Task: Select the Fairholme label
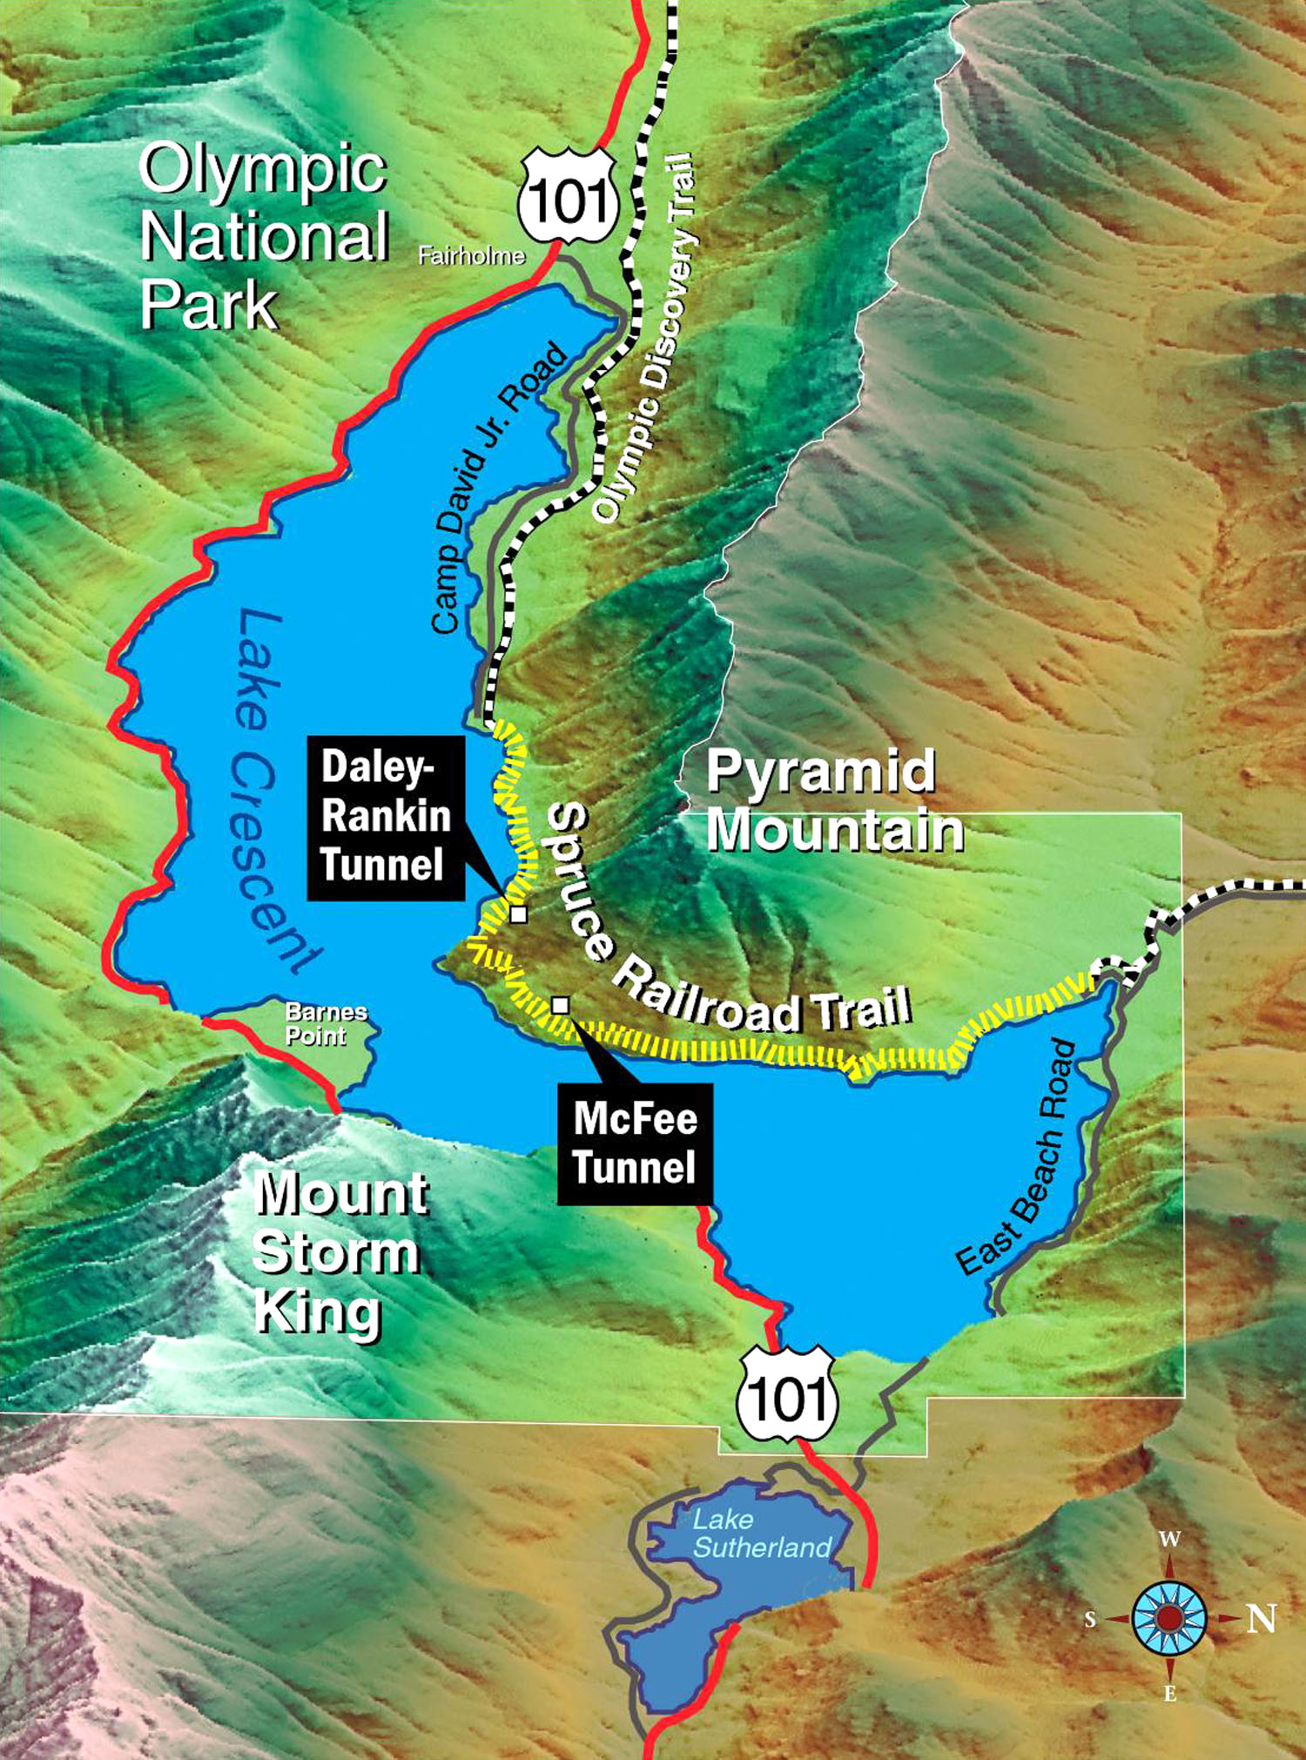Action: tap(471, 255)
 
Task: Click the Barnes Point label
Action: tap(326, 1023)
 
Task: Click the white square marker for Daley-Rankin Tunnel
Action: tap(519, 914)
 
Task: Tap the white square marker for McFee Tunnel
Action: tap(561, 1005)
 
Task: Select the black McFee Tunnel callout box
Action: tap(635, 1143)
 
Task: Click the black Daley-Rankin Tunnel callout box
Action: tap(385, 817)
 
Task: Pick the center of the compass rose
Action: tap(1169, 1618)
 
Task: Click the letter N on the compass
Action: tap(1262, 1619)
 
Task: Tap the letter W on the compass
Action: tap(1169, 1540)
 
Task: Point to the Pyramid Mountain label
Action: tap(833, 800)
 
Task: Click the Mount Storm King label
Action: tap(339, 1252)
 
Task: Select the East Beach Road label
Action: tap(1016, 1158)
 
